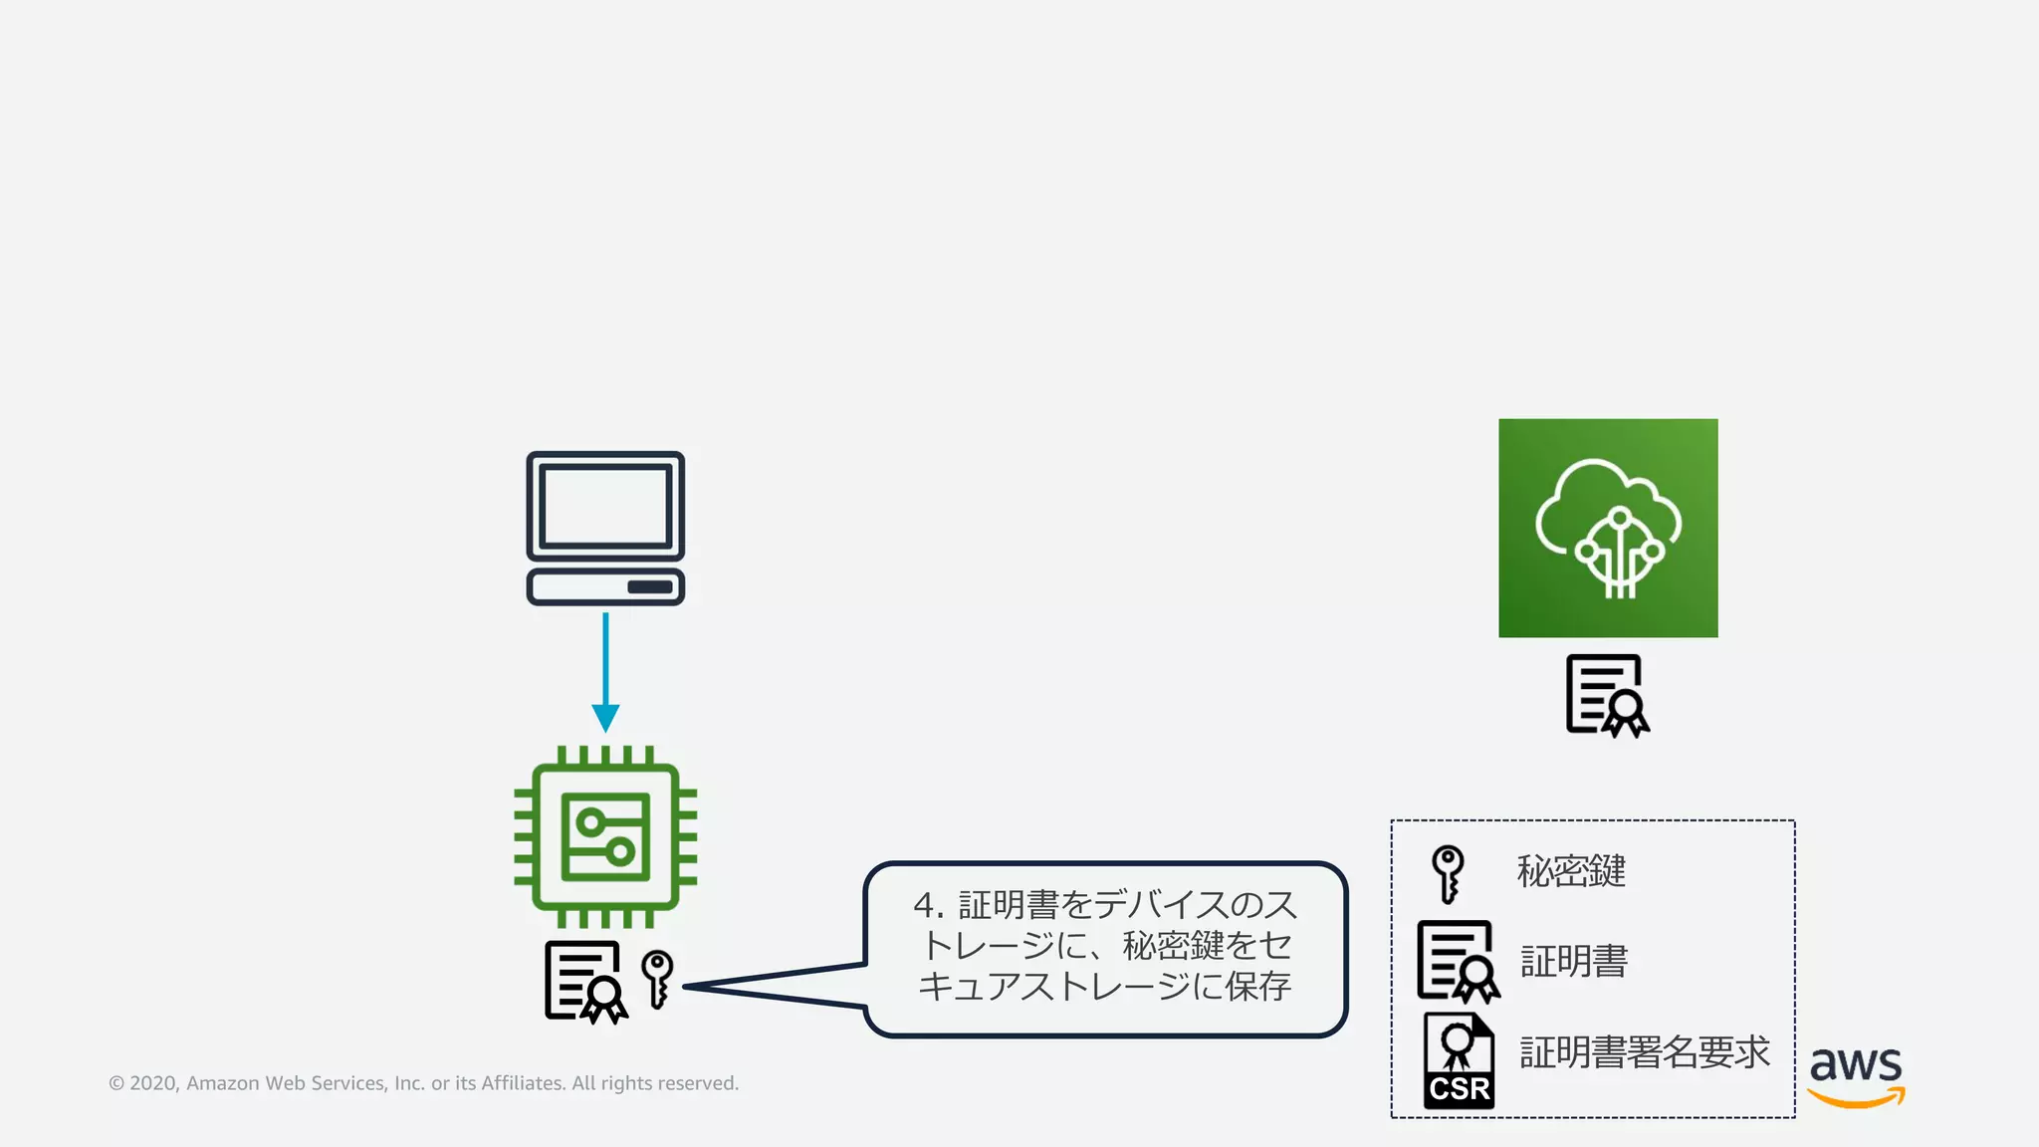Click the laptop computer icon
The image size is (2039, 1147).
605,528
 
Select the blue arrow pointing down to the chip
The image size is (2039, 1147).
605,672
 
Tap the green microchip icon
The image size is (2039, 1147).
605,836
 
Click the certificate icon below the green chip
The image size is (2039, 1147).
585,982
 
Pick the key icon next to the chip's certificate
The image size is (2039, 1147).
657,979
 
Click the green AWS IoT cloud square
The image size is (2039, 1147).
1608,528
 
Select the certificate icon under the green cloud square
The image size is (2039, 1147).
1606,695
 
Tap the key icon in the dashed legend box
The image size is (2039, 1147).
1448,873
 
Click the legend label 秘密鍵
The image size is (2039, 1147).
1571,871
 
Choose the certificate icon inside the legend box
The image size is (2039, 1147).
1458,961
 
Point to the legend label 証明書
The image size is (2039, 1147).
1574,961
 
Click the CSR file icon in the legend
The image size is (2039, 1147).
1459,1060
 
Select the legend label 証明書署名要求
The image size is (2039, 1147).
1645,1051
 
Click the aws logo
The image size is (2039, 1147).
1856,1075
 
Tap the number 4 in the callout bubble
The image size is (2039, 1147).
924,905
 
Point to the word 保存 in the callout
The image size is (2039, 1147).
1258,986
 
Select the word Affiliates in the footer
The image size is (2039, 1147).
524,1083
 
